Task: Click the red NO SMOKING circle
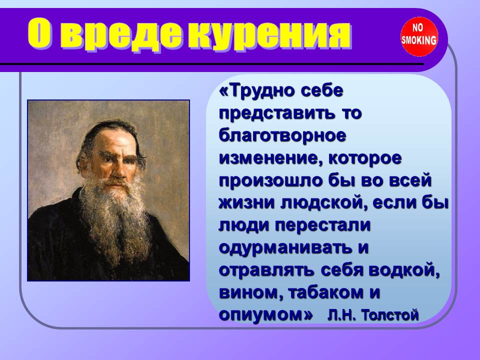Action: tap(419, 37)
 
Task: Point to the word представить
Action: tap(277, 113)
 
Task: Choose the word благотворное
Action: tap(282, 135)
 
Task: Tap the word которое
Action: tap(364, 158)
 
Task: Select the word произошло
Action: tap(271, 180)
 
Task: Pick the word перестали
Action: tap(322, 225)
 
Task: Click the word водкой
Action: tap(404, 270)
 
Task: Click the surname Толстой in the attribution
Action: tap(389, 314)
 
